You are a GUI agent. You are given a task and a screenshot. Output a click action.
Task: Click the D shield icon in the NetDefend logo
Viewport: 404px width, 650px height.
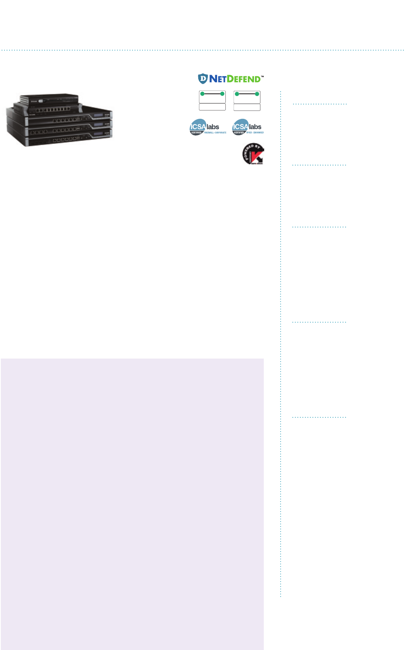coord(203,78)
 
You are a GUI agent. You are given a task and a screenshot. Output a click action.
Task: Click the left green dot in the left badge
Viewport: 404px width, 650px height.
coord(202,94)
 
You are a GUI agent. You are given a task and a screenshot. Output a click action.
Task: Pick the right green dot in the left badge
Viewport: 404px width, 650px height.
coord(222,94)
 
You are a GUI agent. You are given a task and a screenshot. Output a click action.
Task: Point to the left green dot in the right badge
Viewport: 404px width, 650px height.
coord(237,94)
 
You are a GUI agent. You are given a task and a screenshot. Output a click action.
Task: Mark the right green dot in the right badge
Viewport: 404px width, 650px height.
coord(257,94)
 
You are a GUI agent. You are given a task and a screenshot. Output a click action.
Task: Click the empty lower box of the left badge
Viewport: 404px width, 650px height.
coord(212,107)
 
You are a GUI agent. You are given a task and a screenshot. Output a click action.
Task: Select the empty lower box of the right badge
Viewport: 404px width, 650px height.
coord(247,107)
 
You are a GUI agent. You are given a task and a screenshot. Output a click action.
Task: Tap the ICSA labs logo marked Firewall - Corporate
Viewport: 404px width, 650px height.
coord(205,127)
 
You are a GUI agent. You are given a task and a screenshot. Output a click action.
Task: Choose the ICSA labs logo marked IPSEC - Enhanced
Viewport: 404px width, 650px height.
coord(247,127)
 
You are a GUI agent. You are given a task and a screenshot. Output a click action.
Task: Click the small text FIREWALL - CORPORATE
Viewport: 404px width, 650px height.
coord(215,133)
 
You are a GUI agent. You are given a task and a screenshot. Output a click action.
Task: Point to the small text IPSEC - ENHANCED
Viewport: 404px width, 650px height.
coord(255,133)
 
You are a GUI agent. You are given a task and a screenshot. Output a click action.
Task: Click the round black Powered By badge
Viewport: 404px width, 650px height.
coord(252,154)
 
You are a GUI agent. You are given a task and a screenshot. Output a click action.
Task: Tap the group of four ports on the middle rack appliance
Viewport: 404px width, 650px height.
coord(37,132)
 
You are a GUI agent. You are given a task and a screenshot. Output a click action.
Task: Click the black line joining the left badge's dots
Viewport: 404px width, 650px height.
coord(212,94)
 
